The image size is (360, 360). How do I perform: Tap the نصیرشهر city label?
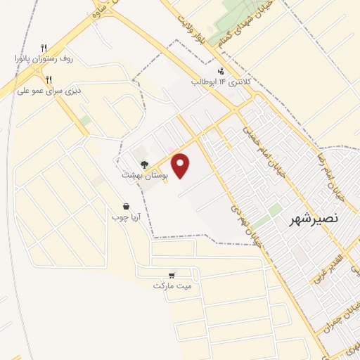[314, 219]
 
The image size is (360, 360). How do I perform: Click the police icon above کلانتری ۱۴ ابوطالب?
[221, 71]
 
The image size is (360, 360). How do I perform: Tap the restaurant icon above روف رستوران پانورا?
[44, 47]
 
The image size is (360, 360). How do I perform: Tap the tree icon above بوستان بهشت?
[143, 165]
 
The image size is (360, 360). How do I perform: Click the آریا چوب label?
[126, 217]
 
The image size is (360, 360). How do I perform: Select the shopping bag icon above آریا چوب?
[126, 207]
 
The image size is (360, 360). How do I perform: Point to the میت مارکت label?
[172, 286]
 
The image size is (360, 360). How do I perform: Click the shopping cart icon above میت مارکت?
[172, 276]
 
